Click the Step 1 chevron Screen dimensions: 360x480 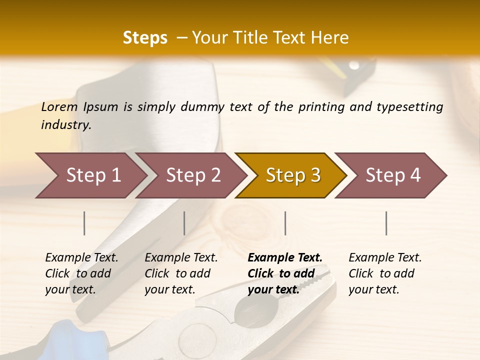point(93,175)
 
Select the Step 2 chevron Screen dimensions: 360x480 point(193,175)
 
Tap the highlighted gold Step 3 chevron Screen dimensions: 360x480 point(293,175)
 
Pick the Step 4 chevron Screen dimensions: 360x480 point(393,175)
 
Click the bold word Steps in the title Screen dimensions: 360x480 point(145,37)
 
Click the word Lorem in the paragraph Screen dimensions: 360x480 point(59,106)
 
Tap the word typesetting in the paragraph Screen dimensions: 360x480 point(409,106)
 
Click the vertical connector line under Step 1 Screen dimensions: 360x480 point(84,223)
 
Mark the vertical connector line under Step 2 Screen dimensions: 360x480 point(184,223)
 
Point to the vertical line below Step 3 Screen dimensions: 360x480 point(285,223)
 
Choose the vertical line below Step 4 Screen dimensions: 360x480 point(386,223)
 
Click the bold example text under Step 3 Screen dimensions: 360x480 point(285,273)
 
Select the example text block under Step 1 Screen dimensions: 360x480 point(81,273)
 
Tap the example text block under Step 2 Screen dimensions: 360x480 point(181,273)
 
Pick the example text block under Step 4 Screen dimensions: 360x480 point(385,273)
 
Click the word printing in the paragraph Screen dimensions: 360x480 point(321,106)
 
